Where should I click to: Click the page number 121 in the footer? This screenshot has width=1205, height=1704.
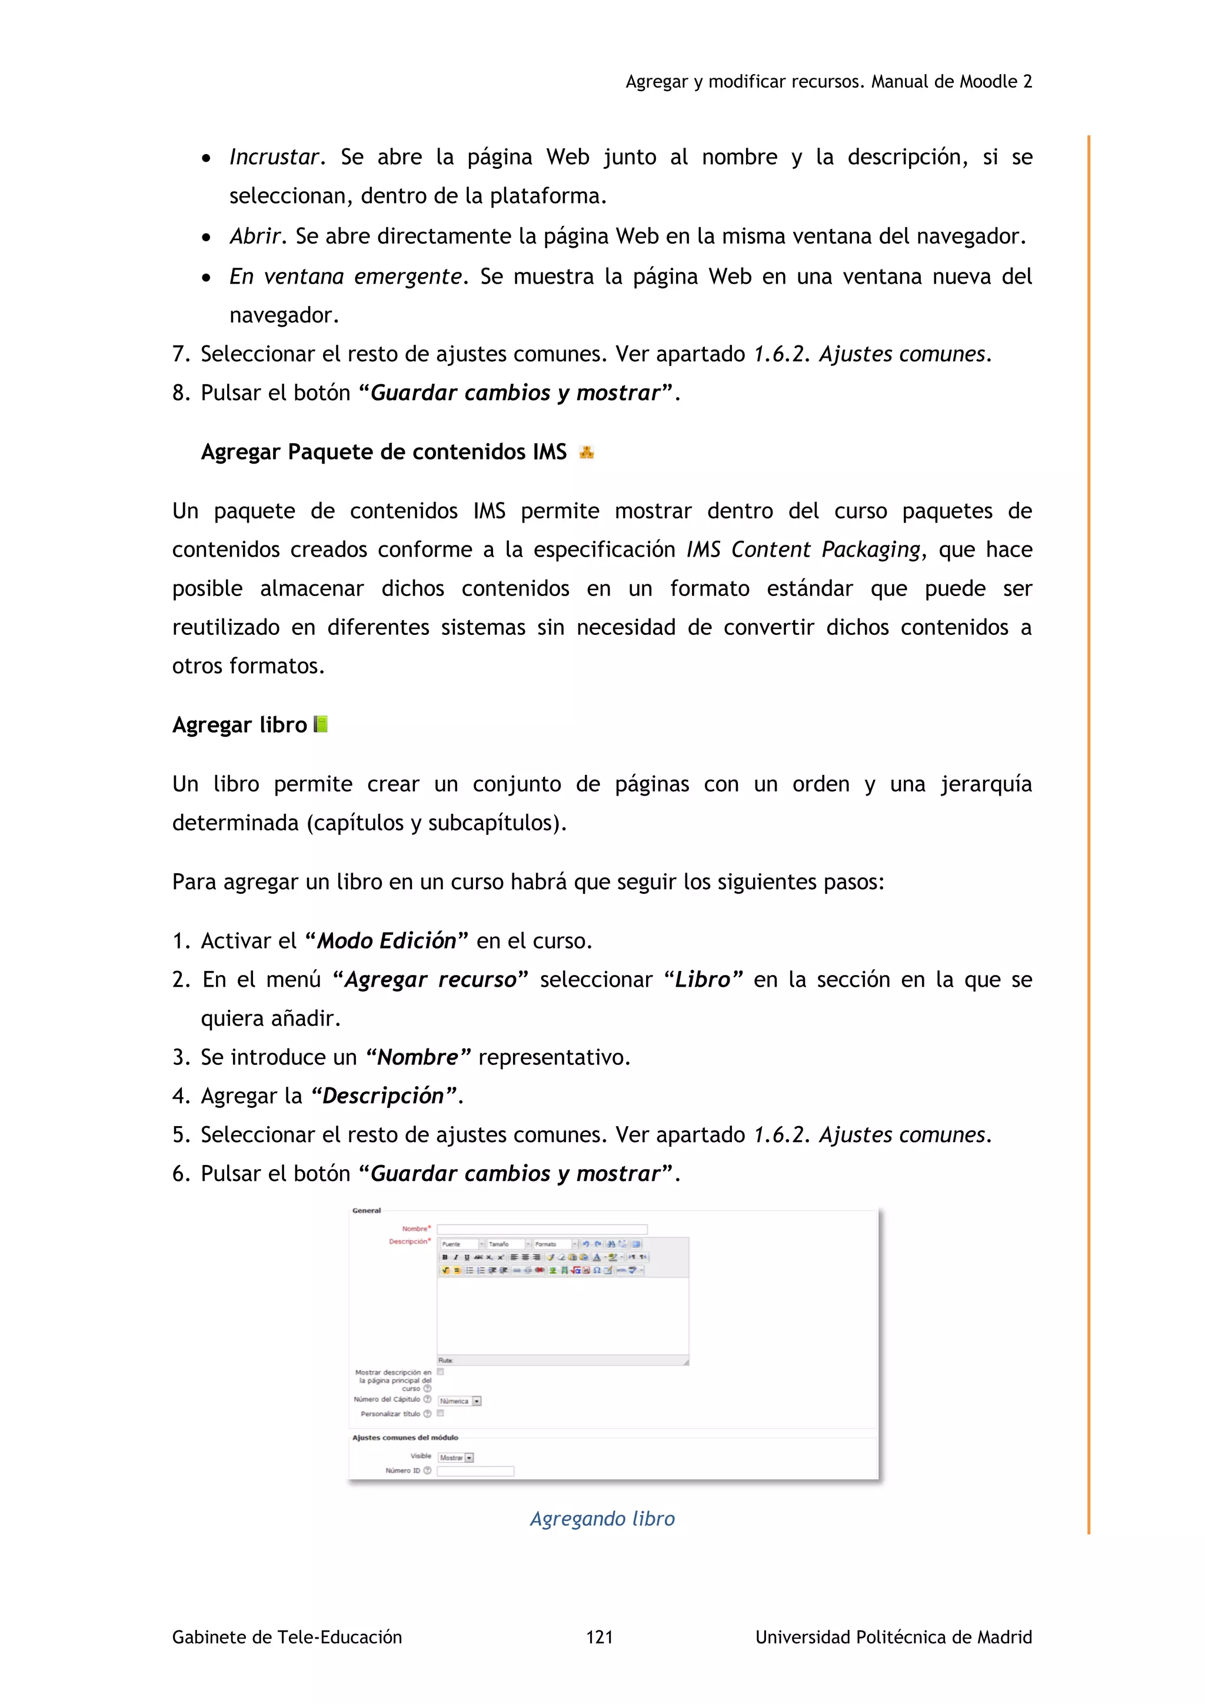coord(600,1637)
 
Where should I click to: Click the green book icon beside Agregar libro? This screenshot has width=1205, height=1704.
coord(321,724)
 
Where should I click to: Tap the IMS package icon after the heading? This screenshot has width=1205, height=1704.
coord(586,452)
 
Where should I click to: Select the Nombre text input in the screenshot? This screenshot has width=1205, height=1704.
coord(542,1229)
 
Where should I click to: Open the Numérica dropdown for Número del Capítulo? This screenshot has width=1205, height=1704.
coord(460,1401)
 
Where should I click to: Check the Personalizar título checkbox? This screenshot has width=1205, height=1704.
coord(440,1414)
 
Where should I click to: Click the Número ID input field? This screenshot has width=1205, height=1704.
coord(475,1471)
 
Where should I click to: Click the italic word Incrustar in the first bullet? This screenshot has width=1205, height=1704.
coord(274,157)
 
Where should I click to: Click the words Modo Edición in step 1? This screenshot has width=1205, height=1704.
coord(387,941)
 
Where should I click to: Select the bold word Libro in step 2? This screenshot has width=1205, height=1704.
coord(702,980)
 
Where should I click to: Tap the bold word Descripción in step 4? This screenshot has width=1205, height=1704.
coord(383,1096)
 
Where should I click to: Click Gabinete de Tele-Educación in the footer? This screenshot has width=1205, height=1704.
coord(287,1637)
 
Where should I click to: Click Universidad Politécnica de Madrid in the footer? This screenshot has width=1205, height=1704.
coord(893,1637)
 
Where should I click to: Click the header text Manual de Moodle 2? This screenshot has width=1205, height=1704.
coord(951,82)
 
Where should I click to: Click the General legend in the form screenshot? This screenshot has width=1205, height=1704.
coord(367,1210)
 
